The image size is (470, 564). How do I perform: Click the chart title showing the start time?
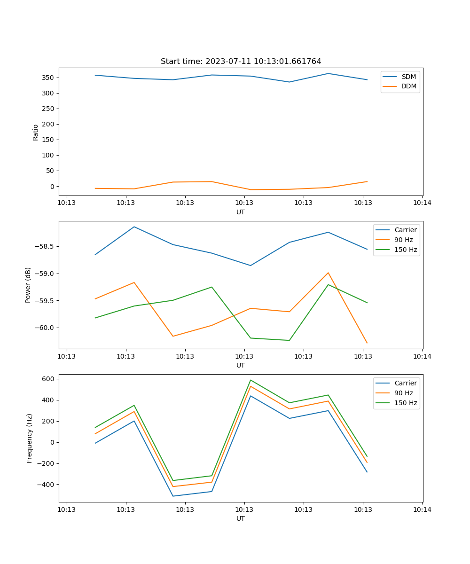click(x=241, y=62)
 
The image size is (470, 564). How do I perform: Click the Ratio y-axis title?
click(x=36, y=133)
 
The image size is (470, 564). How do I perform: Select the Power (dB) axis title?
click(x=28, y=285)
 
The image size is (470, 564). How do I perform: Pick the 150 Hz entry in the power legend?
click(x=406, y=250)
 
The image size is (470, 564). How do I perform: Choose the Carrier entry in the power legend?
click(x=405, y=230)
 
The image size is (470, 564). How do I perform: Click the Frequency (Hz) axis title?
click(x=30, y=438)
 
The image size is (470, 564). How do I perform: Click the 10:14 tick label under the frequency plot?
click(x=422, y=509)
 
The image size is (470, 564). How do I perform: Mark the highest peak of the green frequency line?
click(x=251, y=380)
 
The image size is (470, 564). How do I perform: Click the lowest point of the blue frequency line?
click(x=173, y=496)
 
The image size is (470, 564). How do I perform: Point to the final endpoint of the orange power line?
click(x=367, y=343)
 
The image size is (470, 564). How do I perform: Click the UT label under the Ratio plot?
click(x=241, y=212)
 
